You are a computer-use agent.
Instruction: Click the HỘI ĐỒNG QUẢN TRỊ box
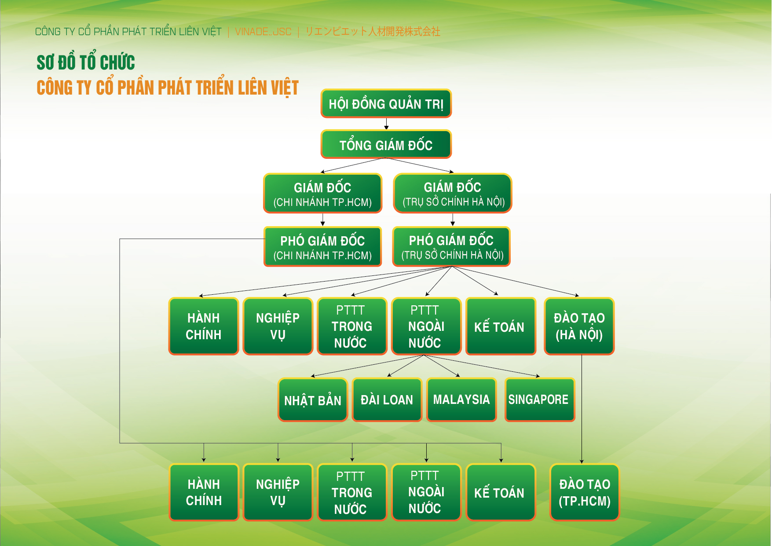386,104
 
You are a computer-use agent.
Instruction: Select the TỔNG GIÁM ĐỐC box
386,144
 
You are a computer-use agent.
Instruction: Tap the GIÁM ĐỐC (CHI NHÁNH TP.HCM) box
322,194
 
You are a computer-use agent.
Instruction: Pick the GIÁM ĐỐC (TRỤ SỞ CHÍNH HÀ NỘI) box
453,193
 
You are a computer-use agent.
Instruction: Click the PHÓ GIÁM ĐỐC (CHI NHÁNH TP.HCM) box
322,247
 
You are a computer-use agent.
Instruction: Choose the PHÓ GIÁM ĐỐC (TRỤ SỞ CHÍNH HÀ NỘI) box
452,246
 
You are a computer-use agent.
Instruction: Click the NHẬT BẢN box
313,400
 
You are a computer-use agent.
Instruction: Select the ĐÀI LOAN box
387,400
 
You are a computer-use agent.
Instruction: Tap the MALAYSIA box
461,400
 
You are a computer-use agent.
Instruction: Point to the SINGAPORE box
540,400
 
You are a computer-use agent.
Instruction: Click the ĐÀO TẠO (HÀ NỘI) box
579,326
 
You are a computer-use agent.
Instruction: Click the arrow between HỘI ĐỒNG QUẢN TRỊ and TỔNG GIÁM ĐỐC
386,124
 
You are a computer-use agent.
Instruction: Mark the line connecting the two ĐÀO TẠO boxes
582,409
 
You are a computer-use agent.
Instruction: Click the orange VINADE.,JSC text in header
263,32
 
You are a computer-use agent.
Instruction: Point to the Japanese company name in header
373,32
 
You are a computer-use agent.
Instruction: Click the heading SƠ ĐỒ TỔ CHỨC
86,62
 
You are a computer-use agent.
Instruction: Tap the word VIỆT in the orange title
285,88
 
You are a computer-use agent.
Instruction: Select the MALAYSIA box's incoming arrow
442,366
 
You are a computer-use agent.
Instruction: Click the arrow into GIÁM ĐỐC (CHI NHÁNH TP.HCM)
353,165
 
